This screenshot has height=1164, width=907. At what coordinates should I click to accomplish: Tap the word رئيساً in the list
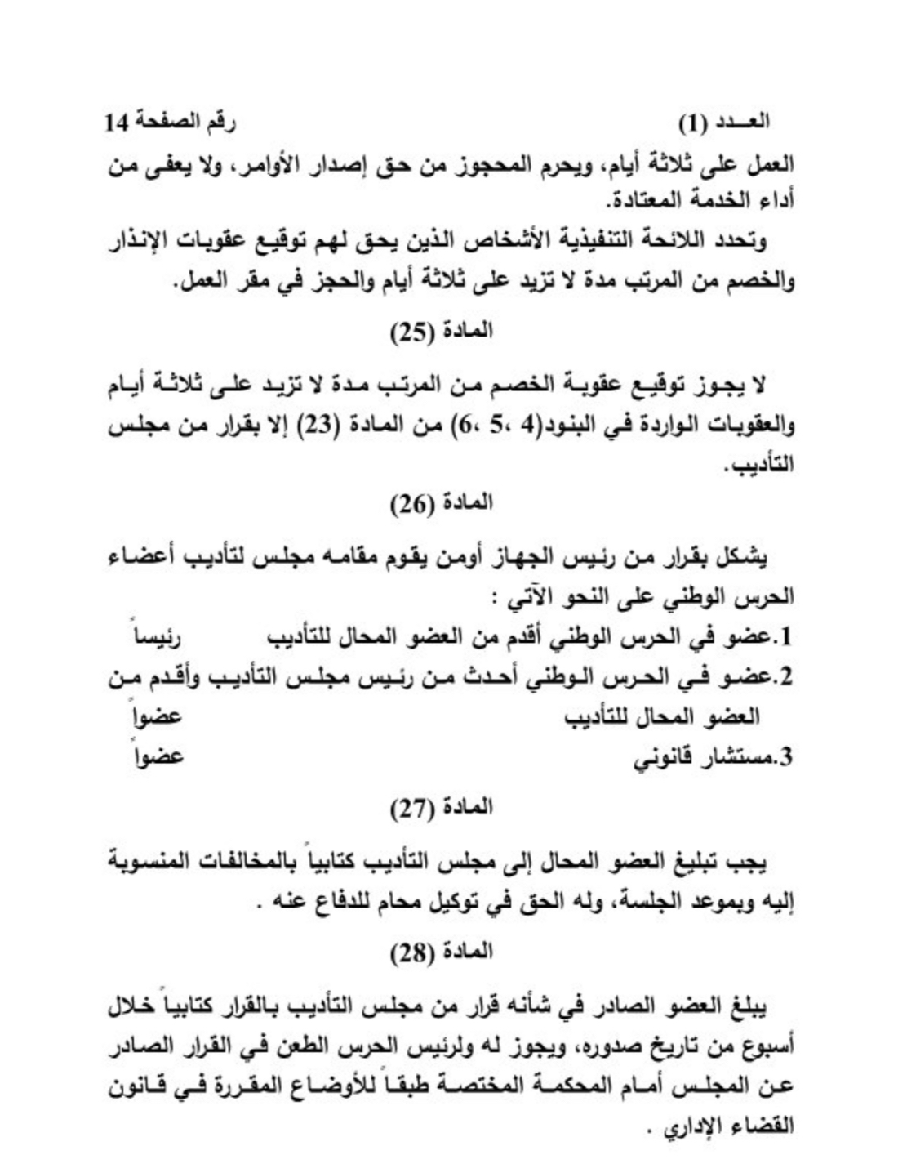pos(158,636)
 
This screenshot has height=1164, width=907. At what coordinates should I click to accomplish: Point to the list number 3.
pos(786,759)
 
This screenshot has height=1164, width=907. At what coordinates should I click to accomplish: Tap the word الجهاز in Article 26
pos(545,561)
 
